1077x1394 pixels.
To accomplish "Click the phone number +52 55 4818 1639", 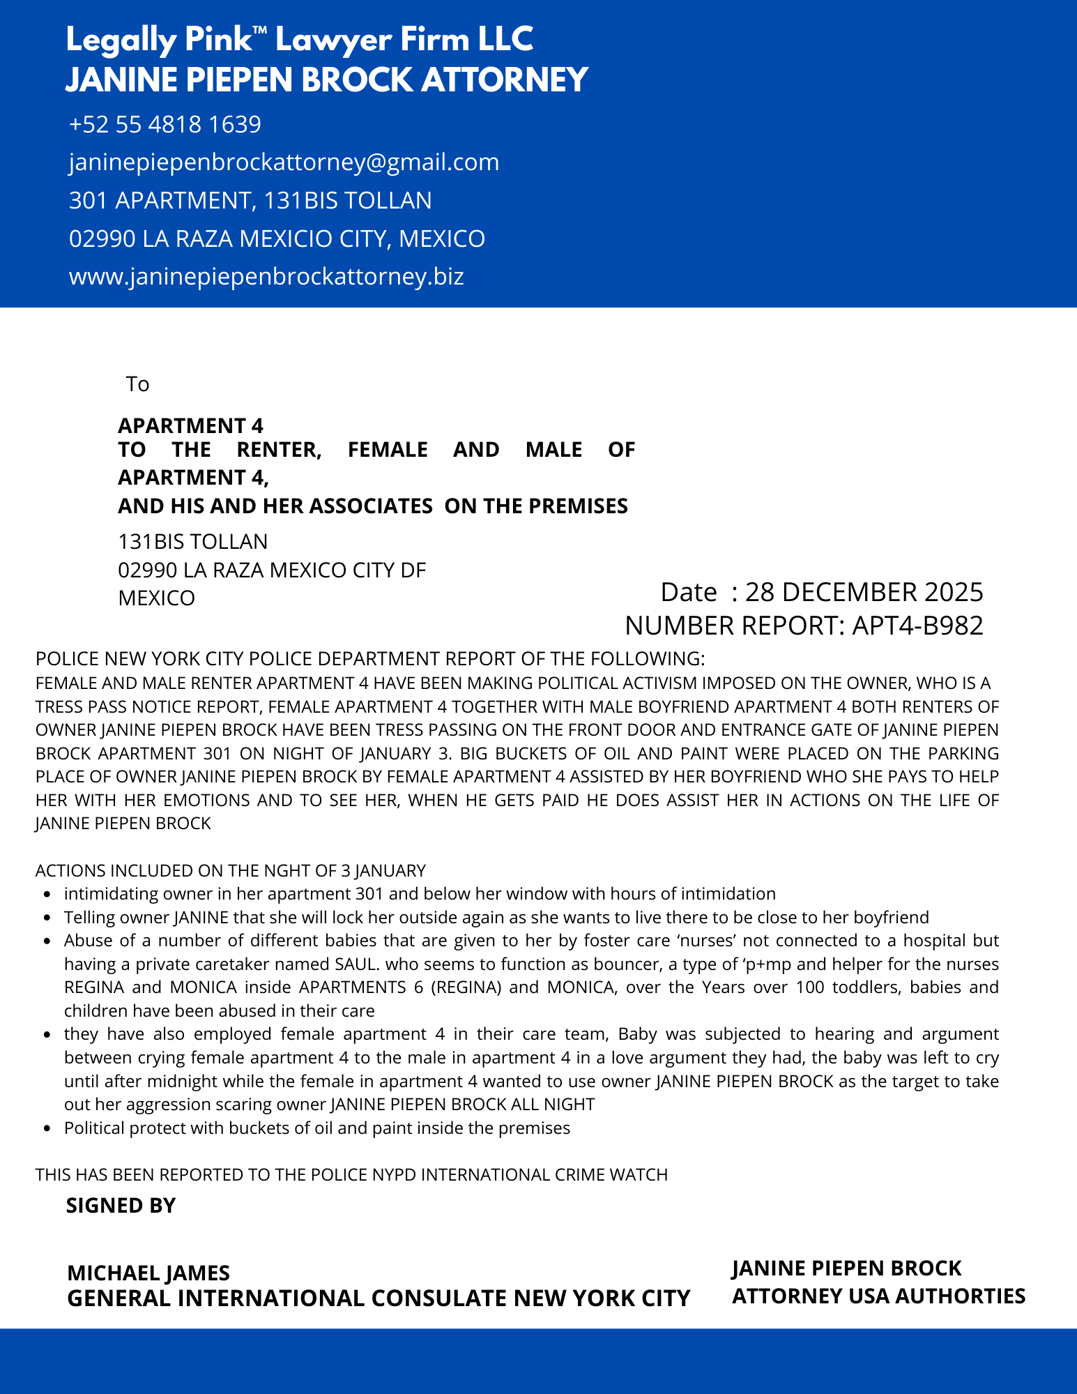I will [165, 125].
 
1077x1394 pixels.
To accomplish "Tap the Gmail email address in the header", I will [284, 162].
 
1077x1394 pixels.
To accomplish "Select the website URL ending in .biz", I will [266, 277].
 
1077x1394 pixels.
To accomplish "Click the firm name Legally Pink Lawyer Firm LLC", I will [299, 40].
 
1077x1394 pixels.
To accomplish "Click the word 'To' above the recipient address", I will [137, 384].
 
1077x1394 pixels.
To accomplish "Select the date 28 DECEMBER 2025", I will [864, 592].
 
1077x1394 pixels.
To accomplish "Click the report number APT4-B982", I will [917, 626].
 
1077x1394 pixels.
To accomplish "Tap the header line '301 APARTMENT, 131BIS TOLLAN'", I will [250, 201].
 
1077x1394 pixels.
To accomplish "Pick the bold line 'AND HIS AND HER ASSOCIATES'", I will [275, 506].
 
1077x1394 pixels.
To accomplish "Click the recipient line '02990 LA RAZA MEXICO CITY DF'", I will [272, 570].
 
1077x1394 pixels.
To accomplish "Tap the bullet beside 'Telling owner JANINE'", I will [47, 918].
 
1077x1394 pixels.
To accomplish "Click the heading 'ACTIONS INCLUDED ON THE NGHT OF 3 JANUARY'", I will [230, 871].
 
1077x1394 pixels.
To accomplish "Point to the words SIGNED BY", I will [121, 1206].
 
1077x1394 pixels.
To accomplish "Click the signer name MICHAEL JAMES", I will [148, 1273].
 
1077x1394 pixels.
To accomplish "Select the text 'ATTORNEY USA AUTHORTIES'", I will [878, 1296].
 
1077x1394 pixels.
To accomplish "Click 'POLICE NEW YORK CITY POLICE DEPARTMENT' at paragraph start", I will [238, 659].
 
